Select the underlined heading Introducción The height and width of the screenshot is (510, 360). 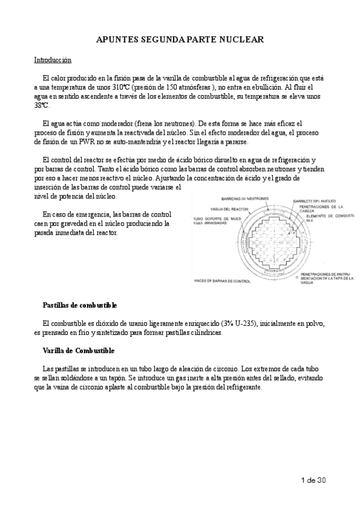point(52,60)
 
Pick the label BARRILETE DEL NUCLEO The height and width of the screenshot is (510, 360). point(314,201)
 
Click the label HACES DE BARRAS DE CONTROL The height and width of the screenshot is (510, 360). point(222,281)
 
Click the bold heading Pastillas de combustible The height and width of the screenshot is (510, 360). point(80,306)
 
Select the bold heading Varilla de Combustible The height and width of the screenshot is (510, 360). point(78,351)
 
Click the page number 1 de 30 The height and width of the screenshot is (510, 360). point(314,479)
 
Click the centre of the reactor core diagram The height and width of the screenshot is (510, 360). point(266,244)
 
